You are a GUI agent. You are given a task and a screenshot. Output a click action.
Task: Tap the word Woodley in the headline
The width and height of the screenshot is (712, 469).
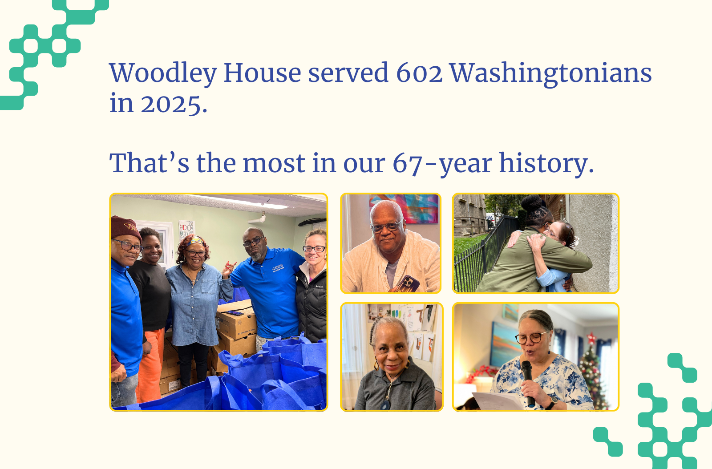[162, 73]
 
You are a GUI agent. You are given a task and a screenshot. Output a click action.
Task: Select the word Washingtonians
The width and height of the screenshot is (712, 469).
[550, 73]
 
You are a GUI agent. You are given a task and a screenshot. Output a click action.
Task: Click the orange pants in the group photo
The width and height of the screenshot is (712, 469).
[150, 365]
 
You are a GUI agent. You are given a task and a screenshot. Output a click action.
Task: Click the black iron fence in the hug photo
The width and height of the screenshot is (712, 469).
[481, 263]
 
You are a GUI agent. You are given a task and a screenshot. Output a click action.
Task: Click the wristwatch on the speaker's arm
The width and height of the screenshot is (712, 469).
[552, 403]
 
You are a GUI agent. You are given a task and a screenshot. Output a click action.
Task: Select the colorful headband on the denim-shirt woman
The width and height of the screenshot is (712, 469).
[196, 242]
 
